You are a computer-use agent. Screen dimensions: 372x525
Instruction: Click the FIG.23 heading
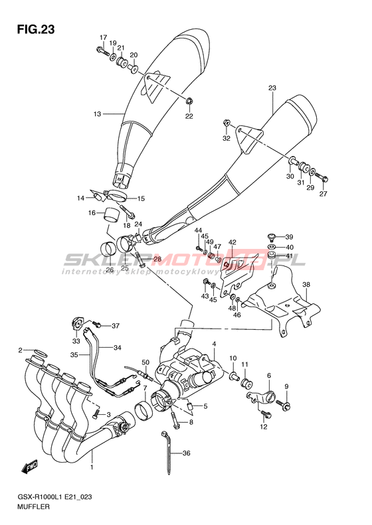coord(36,30)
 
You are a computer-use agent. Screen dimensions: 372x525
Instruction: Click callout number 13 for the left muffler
coord(97,114)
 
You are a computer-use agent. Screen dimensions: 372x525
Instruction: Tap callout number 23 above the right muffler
coord(272,88)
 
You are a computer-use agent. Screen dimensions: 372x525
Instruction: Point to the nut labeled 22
coord(189,100)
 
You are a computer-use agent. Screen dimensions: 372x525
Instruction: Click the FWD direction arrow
coord(30,467)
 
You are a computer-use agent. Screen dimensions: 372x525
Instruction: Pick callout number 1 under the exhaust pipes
coord(92,467)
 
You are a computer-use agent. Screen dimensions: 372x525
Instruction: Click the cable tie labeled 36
coord(167,452)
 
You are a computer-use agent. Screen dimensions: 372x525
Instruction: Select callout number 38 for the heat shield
coord(306,285)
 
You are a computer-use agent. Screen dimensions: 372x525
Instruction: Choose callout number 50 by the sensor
coord(145,362)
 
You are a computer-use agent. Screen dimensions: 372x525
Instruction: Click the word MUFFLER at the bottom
coord(33,506)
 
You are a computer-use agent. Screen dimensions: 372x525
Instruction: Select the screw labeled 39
coord(272,237)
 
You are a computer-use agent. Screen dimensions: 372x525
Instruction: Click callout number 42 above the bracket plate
coord(232,242)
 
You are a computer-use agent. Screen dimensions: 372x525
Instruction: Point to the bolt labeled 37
coord(97,324)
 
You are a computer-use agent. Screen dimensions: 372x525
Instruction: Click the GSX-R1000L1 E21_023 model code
coord(54,497)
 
